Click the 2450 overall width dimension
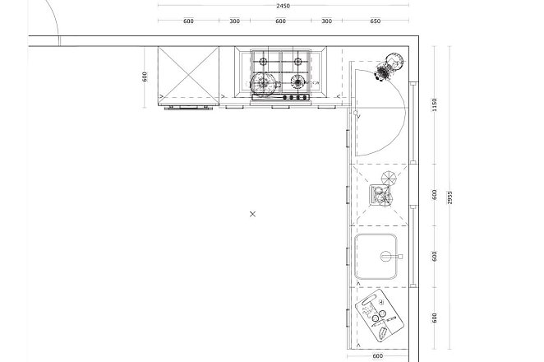click(x=283, y=6)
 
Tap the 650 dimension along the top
click(x=375, y=21)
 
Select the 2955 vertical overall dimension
click(x=449, y=197)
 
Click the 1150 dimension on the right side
click(x=435, y=105)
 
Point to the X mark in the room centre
click(x=252, y=214)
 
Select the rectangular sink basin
click(x=376, y=257)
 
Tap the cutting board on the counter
click(x=380, y=315)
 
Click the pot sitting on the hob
click(x=265, y=83)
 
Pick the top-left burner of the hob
click(x=263, y=62)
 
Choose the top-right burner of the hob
click(x=297, y=62)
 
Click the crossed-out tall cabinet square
click(x=188, y=76)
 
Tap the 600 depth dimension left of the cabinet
click(x=145, y=77)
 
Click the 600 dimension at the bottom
click(x=377, y=356)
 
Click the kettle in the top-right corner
click(x=391, y=66)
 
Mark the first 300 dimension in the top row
click(x=234, y=21)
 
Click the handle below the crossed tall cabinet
click(x=188, y=109)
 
